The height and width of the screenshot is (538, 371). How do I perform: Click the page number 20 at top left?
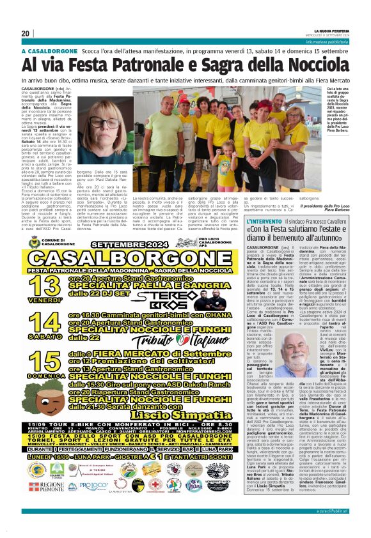[26, 34]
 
